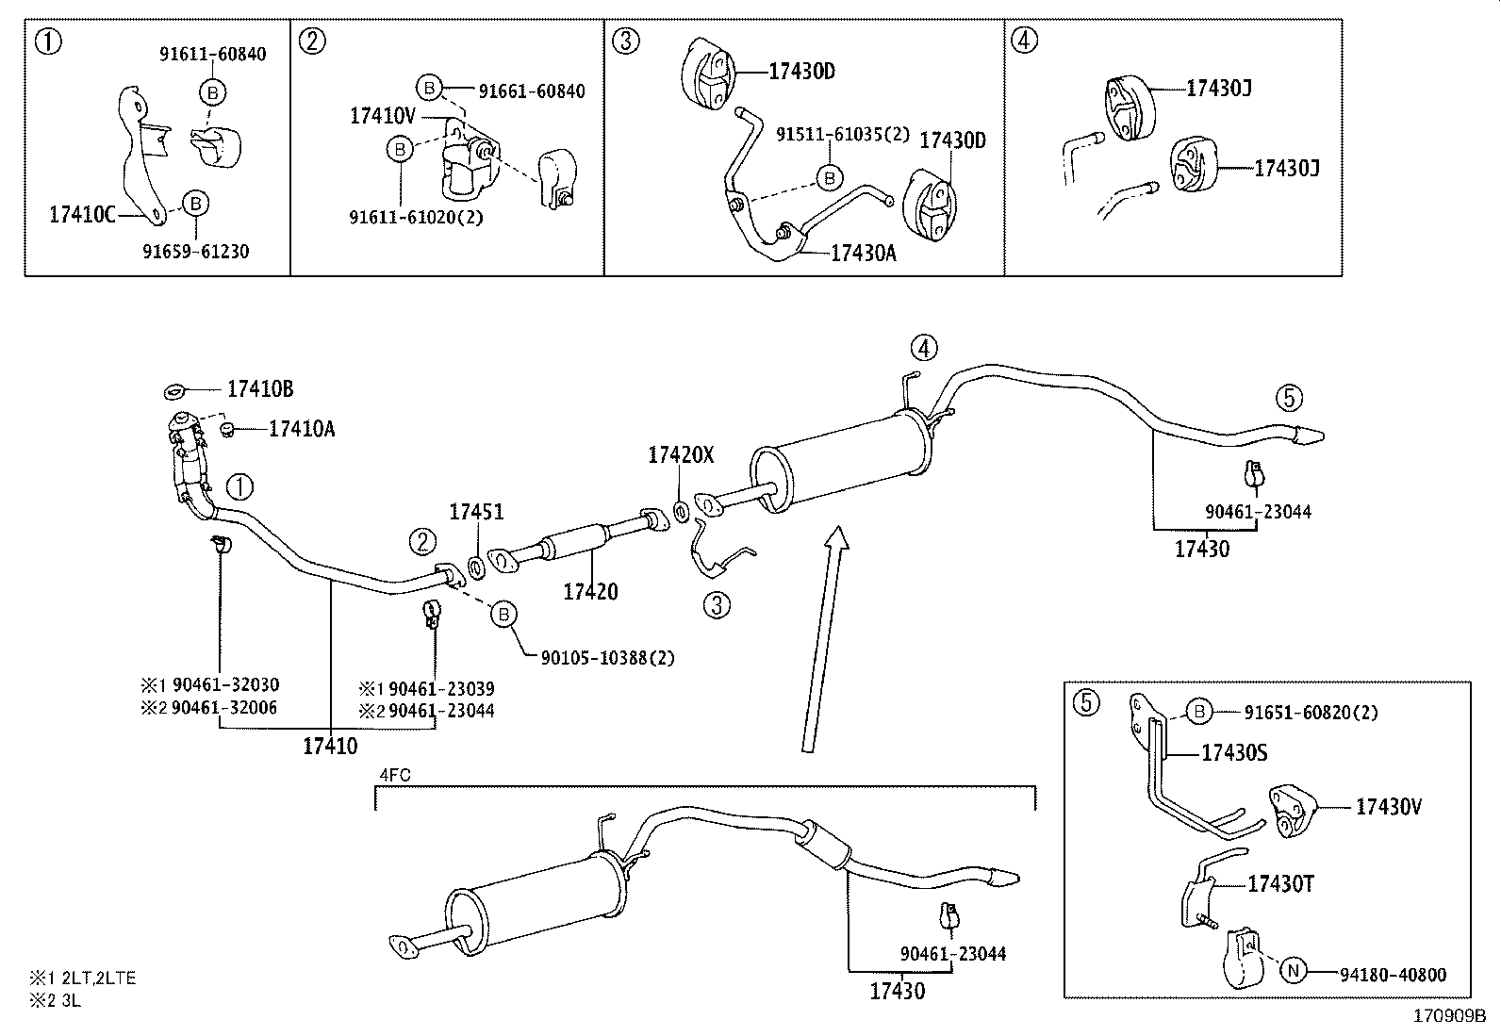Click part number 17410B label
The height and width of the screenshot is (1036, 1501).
pyautogui.click(x=260, y=389)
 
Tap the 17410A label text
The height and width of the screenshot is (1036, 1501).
pyautogui.click(x=302, y=430)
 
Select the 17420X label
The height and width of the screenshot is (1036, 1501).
pyautogui.click(x=681, y=455)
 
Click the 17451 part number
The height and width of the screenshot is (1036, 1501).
pyautogui.click(x=476, y=512)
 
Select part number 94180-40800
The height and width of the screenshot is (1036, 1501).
pyautogui.click(x=1392, y=975)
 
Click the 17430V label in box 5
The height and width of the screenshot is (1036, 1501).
pyautogui.click(x=1388, y=807)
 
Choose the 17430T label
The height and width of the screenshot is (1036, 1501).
pyautogui.click(x=1280, y=883)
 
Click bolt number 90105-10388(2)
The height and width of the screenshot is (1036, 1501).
pyautogui.click(x=607, y=658)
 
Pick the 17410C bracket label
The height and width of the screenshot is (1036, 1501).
pyautogui.click(x=81, y=215)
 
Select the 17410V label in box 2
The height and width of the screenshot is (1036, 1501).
pyautogui.click(x=382, y=116)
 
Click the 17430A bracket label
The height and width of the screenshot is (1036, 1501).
pyautogui.click(x=864, y=253)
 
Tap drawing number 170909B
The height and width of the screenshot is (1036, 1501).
pyautogui.click(x=1448, y=1017)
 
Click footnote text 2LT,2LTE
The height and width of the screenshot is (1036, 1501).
pyautogui.click(x=99, y=978)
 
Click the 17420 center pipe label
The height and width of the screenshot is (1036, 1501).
pyautogui.click(x=590, y=592)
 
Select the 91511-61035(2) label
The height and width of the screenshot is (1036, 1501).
pyautogui.click(x=843, y=135)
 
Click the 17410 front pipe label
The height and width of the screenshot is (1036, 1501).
pyautogui.click(x=330, y=747)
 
